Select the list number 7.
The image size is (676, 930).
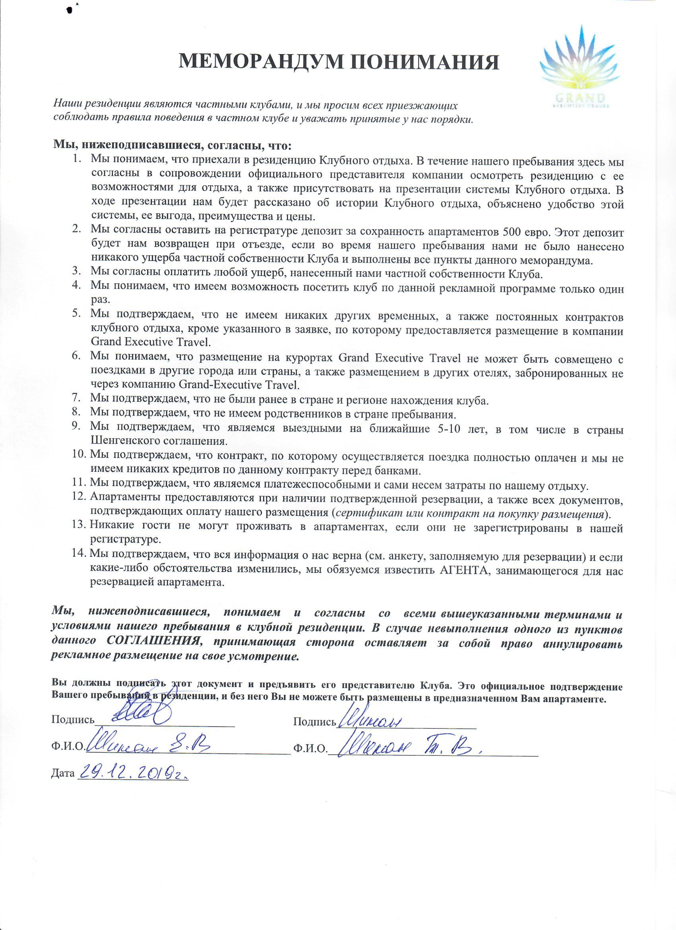pos(76,397)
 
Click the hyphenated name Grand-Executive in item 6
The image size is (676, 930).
pos(212,385)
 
